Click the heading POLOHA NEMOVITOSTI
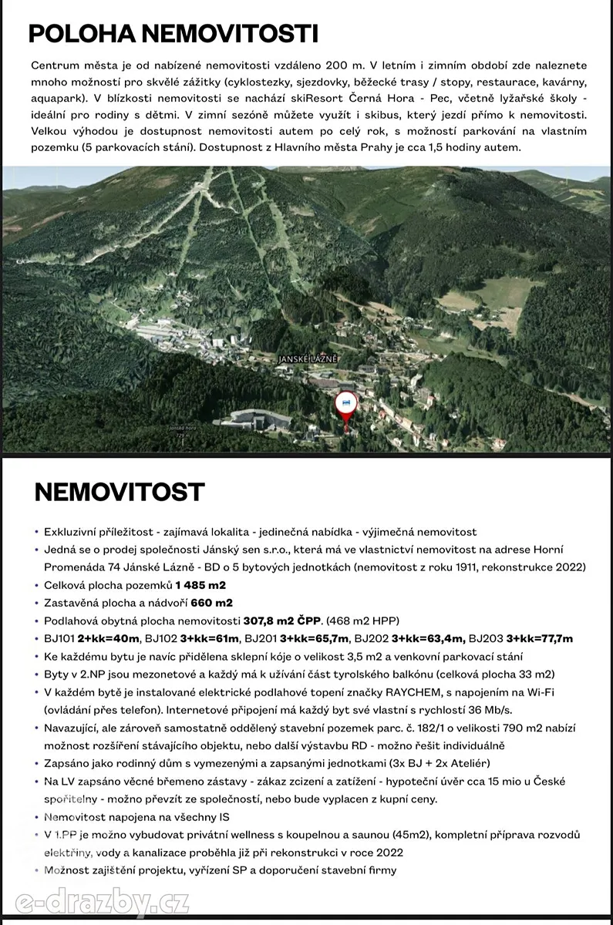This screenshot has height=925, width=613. coord(173,35)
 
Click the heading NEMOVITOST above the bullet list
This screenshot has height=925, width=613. coord(120,492)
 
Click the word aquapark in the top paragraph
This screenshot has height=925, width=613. coord(56,99)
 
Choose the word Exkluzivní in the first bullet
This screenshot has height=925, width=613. coord(72,532)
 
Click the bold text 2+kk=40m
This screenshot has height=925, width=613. coord(109,638)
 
